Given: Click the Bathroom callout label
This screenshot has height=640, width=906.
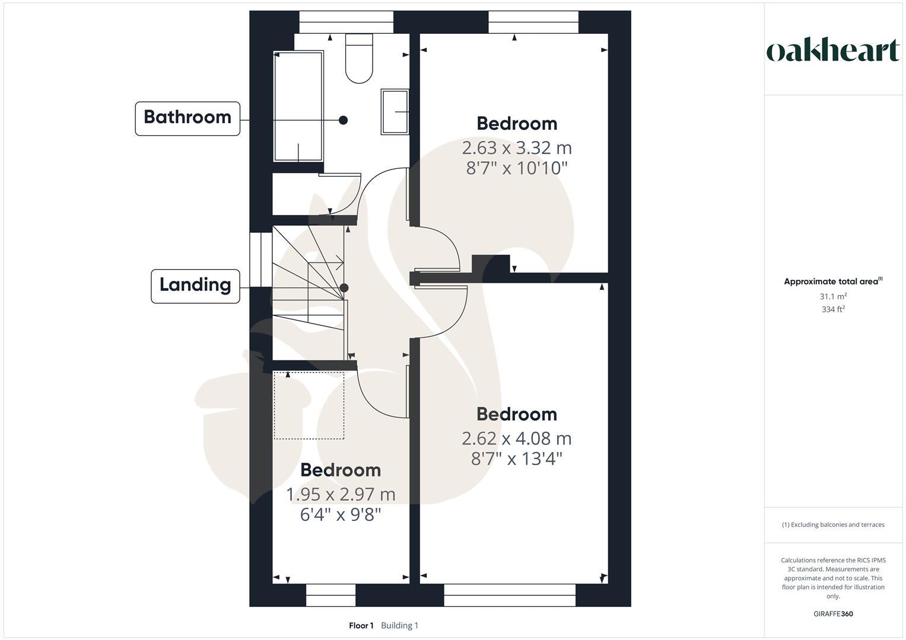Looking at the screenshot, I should [x=187, y=118].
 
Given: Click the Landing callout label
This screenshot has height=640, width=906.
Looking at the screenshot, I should [x=195, y=286].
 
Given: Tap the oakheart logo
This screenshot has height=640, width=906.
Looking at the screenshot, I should [x=833, y=51].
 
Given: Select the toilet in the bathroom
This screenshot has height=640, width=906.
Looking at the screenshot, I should [x=360, y=58].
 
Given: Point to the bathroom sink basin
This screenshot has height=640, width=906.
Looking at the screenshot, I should [x=395, y=111].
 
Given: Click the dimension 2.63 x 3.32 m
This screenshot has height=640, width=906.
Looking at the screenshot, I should [x=516, y=148].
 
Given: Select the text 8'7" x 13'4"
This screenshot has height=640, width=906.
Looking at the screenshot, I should [x=516, y=459].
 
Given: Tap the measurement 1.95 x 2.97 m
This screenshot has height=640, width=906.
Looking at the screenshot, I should [x=340, y=494].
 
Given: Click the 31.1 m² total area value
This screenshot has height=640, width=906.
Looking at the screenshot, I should [x=833, y=296].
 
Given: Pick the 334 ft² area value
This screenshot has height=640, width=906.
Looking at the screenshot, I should [x=833, y=309].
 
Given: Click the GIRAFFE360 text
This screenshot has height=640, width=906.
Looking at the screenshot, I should [x=833, y=614].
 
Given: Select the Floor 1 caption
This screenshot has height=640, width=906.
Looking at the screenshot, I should [x=361, y=626].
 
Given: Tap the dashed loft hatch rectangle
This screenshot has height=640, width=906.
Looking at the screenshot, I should [x=309, y=406].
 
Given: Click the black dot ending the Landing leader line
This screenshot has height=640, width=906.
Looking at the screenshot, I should [x=344, y=288].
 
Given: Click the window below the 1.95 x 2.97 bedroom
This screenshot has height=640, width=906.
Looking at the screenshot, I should [x=330, y=595].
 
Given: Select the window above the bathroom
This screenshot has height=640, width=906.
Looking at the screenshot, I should [x=346, y=22].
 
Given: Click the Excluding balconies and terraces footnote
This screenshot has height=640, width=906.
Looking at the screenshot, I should [x=833, y=525].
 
